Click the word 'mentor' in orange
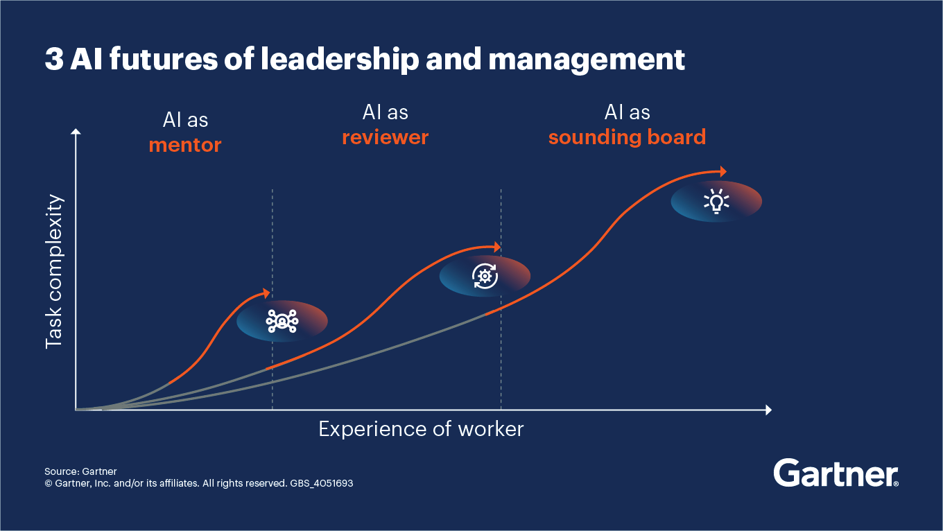[185, 146]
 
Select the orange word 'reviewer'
[385, 137]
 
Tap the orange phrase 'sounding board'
[627, 137]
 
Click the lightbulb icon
[716, 201]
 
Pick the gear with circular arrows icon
[485, 276]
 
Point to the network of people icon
[282, 321]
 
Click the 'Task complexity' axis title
[54, 271]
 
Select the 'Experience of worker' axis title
[421, 429]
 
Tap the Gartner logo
[836, 473]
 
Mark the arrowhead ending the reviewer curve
[496, 247]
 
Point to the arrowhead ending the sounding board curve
[723, 171]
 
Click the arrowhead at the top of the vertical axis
[76, 131]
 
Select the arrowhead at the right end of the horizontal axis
[768, 410]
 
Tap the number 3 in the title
[53, 60]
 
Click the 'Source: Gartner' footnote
[80, 471]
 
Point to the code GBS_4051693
[320, 483]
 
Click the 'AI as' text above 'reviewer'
[385, 112]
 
